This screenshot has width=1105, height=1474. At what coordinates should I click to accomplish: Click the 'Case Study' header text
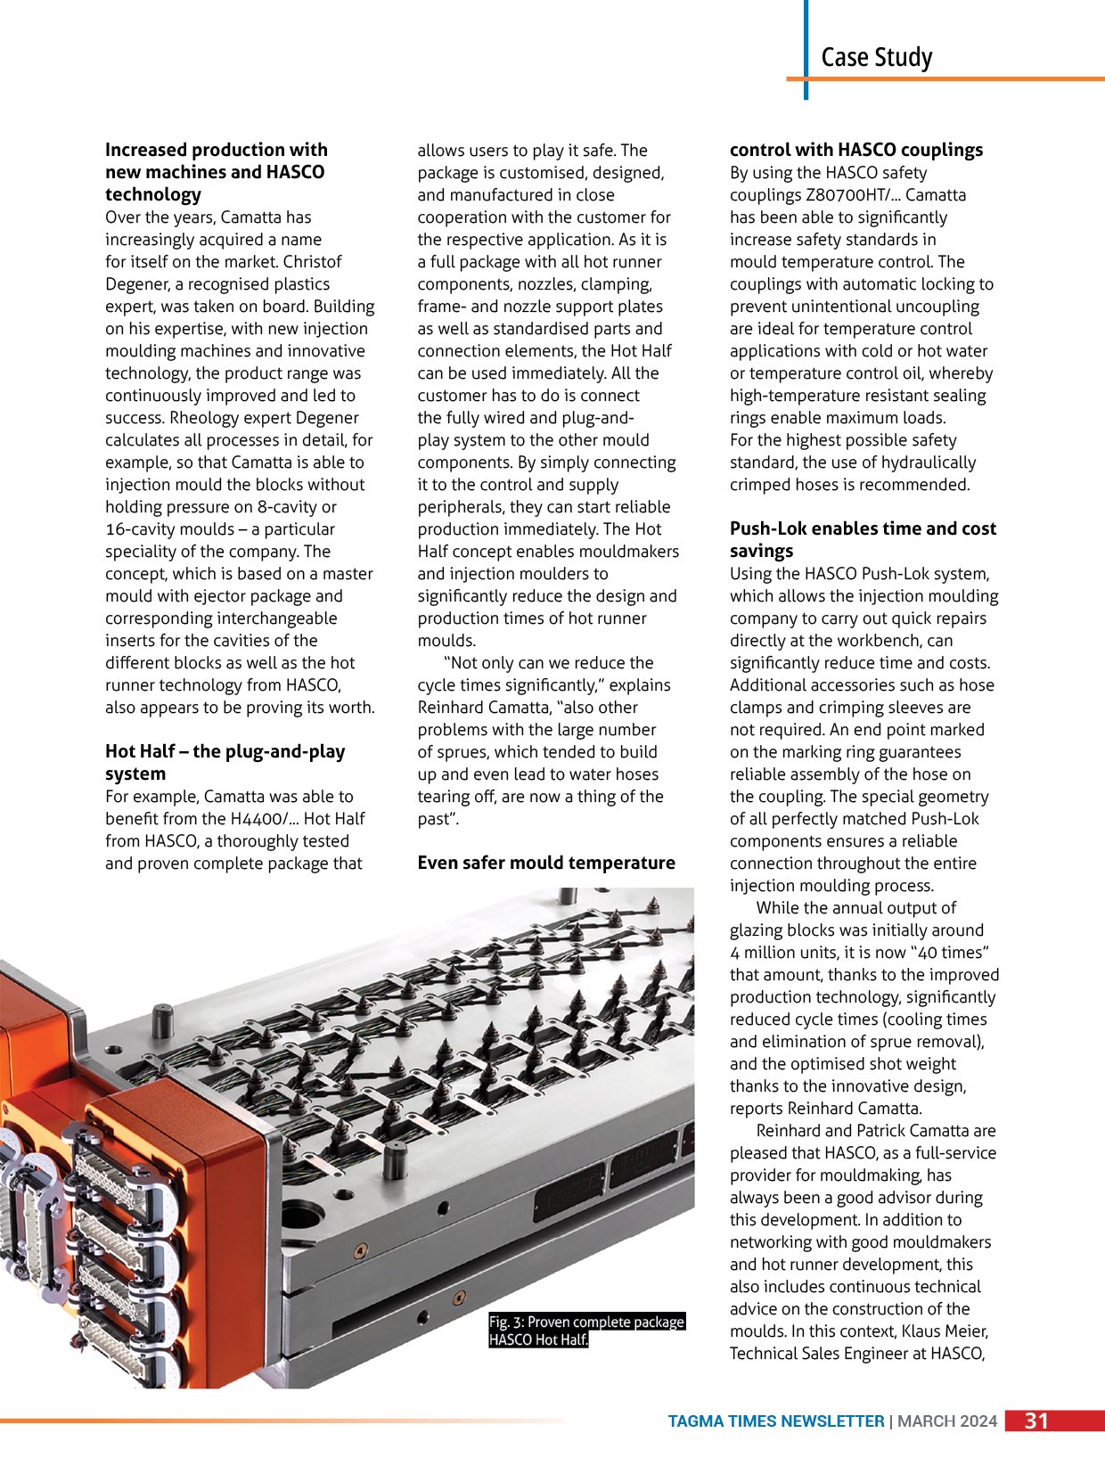tap(876, 58)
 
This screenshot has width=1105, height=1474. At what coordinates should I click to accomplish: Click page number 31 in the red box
tap(1036, 1421)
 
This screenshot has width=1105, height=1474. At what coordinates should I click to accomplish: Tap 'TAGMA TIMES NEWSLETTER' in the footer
tap(775, 1421)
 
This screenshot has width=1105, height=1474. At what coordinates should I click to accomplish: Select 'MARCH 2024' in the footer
tap(947, 1421)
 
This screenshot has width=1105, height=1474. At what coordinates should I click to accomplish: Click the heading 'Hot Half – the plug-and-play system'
tap(225, 762)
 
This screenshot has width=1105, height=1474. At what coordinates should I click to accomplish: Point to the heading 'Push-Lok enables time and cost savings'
tap(863, 539)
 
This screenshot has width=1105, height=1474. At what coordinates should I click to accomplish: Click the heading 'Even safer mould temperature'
tap(546, 863)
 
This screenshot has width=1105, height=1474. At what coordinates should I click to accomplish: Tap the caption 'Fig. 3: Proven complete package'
tap(586, 1322)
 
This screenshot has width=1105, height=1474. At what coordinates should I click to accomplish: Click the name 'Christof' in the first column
tap(312, 262)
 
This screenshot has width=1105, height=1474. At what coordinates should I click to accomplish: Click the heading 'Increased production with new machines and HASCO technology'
tap(216, 172)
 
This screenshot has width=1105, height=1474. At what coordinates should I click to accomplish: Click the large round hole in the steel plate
tap(305, 1215)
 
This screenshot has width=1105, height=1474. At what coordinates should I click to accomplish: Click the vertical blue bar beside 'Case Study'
tap(806, 49)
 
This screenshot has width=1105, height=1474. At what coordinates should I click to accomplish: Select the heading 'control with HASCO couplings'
tap(855, 150)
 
